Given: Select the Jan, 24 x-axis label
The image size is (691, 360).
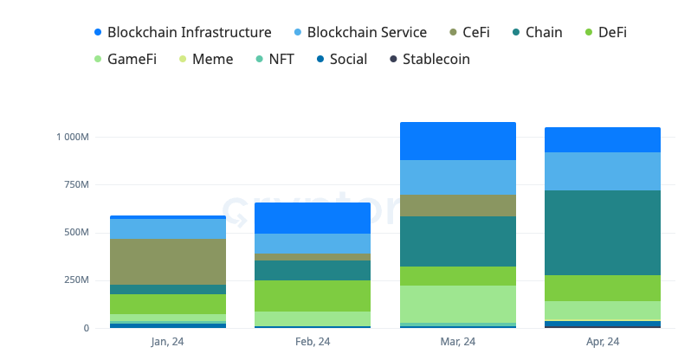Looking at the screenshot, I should [x=167, y=342].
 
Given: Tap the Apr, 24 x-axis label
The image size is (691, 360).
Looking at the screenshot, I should [x=602, y=342].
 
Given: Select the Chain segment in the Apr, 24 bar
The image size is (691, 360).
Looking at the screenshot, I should [x=602, y=233].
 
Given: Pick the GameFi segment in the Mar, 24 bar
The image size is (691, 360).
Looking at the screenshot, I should [x=457, y=304].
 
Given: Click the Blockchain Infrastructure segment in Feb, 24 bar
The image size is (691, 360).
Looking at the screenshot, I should [x=313, y=218].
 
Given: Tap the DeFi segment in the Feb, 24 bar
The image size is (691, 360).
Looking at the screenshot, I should [x=313, y=296].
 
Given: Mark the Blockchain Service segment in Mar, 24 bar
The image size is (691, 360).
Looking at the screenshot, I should [x=457, y=177].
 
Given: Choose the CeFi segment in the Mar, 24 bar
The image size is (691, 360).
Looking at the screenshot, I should [x=457, y=205].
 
